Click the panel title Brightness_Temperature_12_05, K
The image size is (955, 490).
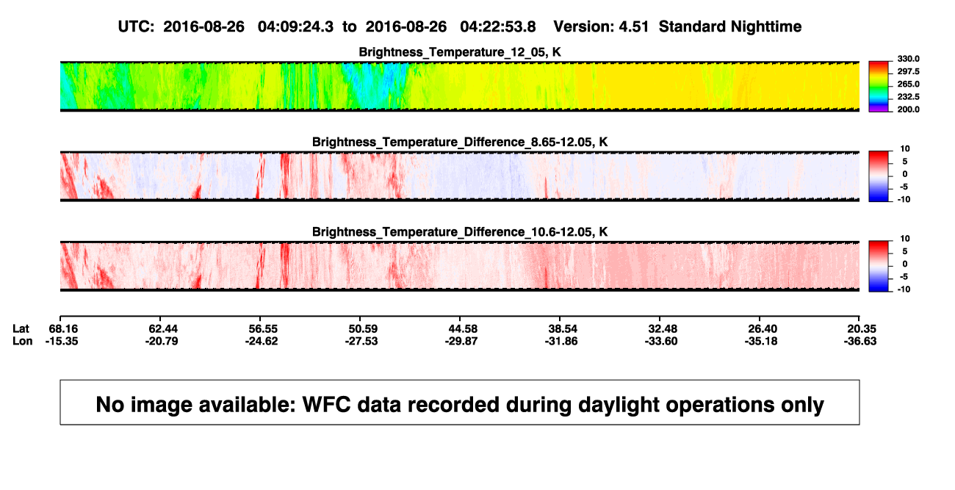460,52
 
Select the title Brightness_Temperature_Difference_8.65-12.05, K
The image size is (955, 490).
460,142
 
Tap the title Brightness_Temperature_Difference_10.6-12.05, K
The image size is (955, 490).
460,232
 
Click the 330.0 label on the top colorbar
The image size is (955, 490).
908,59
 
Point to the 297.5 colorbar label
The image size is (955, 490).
908,71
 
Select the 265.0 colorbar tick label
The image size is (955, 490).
908,84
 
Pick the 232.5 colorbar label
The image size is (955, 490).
908,97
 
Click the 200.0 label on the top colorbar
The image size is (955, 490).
908,109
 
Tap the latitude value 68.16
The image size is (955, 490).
63,329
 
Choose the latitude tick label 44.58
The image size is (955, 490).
463,329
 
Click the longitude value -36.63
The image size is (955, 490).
860,341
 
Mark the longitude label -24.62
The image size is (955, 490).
262,341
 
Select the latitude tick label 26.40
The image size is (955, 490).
763,329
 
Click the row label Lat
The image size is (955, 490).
21,329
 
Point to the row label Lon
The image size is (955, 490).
23,341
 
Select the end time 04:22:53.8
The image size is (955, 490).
498,26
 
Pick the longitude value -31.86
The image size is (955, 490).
561,341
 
